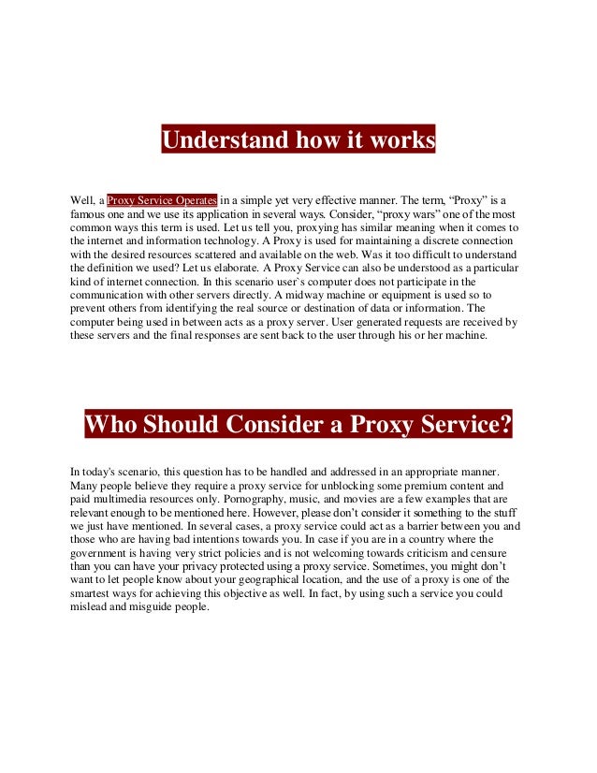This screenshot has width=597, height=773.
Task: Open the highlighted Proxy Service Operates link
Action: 163,199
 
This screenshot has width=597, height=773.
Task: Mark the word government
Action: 109,553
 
